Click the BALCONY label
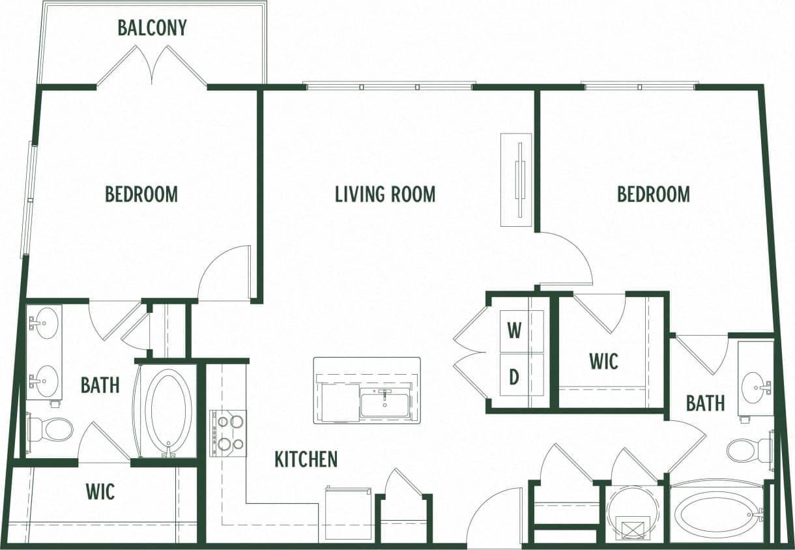pyautogui.click(x=152, y=28)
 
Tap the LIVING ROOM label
pyautogui.click(x=384, y=194)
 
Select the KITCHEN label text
pyautogui.click(x=306, y=459)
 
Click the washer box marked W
pyautogui.click(x=515, y=331)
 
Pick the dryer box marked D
pyautogui.click(x=515, y=377)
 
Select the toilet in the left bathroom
pyautogui.click(x=51, y=429)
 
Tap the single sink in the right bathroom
pyautogui.click(x=755, y=384)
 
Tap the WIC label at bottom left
pyautogui.click(x=100, y=491)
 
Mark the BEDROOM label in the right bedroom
pyautogui.click(x=653, y=194)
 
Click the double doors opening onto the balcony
pyautogui.click(x=152, y=66)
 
